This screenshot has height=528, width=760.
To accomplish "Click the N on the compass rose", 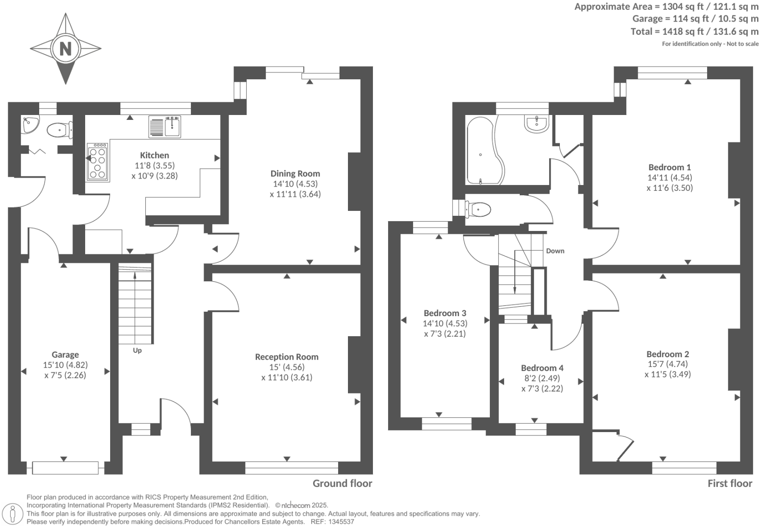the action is point(66,48).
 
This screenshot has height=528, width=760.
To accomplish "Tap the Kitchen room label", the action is point(154,155).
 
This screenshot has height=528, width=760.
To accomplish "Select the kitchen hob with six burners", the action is point(98,162).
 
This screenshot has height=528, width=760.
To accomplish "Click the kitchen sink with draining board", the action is point(164,127).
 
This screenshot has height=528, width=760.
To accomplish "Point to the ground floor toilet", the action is point(60,130).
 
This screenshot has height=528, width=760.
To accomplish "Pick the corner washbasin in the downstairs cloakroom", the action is point(30,124).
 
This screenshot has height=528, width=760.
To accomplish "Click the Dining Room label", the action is point(295,173).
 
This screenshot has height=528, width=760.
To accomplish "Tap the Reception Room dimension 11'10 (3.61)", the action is point(287,377).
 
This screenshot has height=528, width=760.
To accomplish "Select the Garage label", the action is point(65,355).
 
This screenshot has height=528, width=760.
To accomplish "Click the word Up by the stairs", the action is point(137,350).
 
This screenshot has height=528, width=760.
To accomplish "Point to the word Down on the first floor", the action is point(555,251).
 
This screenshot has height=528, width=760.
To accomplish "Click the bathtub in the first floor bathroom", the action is point(485,151).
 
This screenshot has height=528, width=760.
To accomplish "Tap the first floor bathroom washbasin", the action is point(536,123).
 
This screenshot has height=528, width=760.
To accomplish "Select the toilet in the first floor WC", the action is point(479,209).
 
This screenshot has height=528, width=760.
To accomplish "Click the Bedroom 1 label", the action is point(669,167).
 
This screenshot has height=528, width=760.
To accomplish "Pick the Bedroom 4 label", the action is point(542,368).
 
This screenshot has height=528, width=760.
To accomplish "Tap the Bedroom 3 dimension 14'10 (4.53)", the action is point(445,323).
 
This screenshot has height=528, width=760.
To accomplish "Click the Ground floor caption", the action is point(343,483).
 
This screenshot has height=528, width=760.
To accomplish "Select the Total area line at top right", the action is point(694,31).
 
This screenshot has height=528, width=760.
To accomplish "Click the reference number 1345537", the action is point(341,522).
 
